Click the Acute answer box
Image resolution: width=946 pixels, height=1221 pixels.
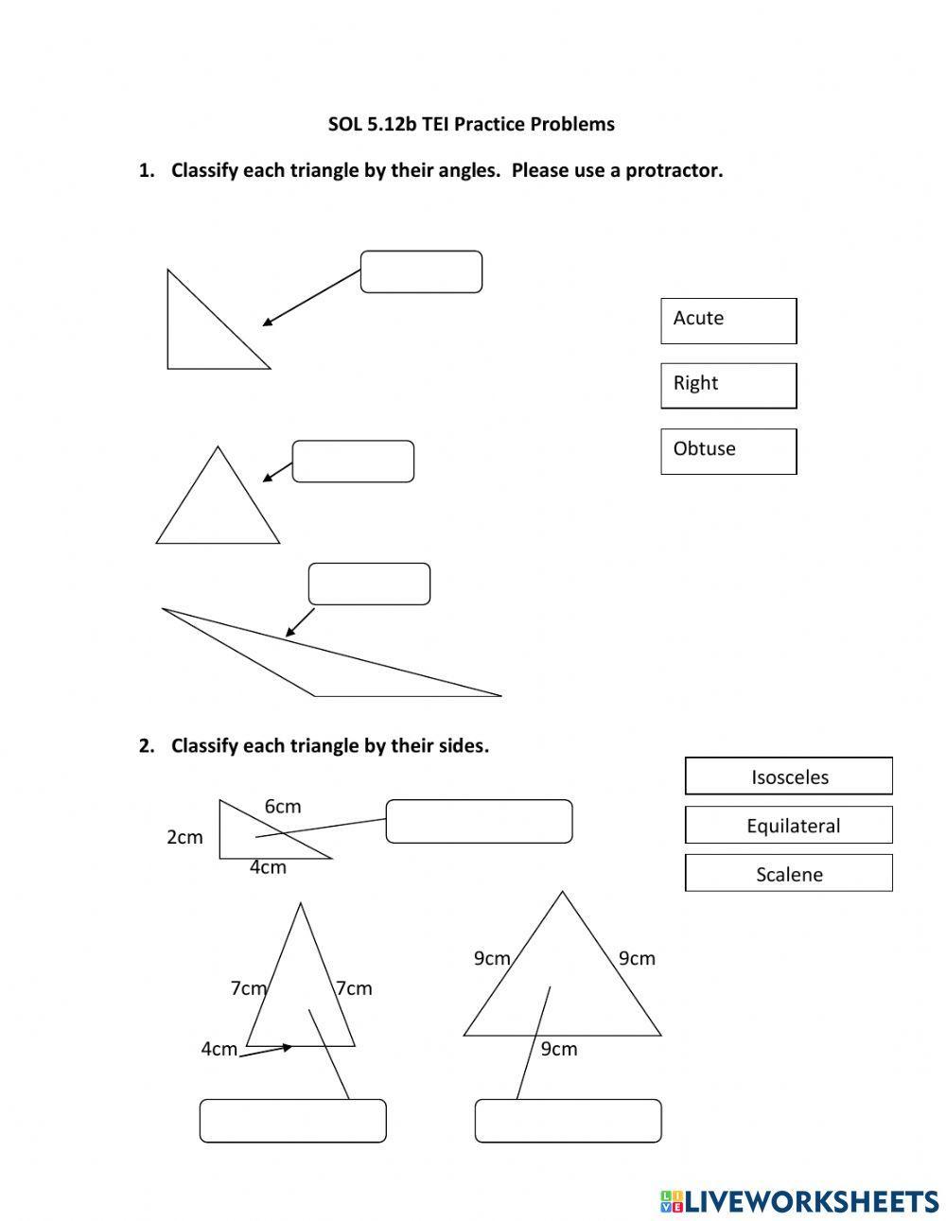[727, 321]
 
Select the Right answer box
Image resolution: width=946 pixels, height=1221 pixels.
[727, 385]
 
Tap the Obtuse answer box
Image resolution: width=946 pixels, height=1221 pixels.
[727, 450]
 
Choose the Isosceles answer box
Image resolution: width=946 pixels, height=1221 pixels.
[788, 776]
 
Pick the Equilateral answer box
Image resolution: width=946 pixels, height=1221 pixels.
[788, 825]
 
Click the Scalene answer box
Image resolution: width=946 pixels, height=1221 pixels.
[788, 873]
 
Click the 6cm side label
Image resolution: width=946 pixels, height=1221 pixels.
[282, 806]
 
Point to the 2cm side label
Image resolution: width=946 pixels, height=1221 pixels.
[184, 837]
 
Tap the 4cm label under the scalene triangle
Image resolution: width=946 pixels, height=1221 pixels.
[268, 867]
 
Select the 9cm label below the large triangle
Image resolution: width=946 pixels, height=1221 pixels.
[558, 1049]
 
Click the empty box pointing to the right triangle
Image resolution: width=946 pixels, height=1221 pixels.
[421, 271]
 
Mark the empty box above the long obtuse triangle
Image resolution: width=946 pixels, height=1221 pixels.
[369, 584]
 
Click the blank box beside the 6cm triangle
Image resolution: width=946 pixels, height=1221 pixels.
[479, 821]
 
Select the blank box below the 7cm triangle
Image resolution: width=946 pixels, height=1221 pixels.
[292, 1121]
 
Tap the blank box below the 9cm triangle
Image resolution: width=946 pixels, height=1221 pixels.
[568, 1121]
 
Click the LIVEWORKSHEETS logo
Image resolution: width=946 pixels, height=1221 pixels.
[799, 1201]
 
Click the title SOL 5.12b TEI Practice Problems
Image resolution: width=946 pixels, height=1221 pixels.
[471, 124]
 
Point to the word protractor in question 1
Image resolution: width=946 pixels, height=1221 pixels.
[673, 171]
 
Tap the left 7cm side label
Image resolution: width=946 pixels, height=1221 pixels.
[249, 988]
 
